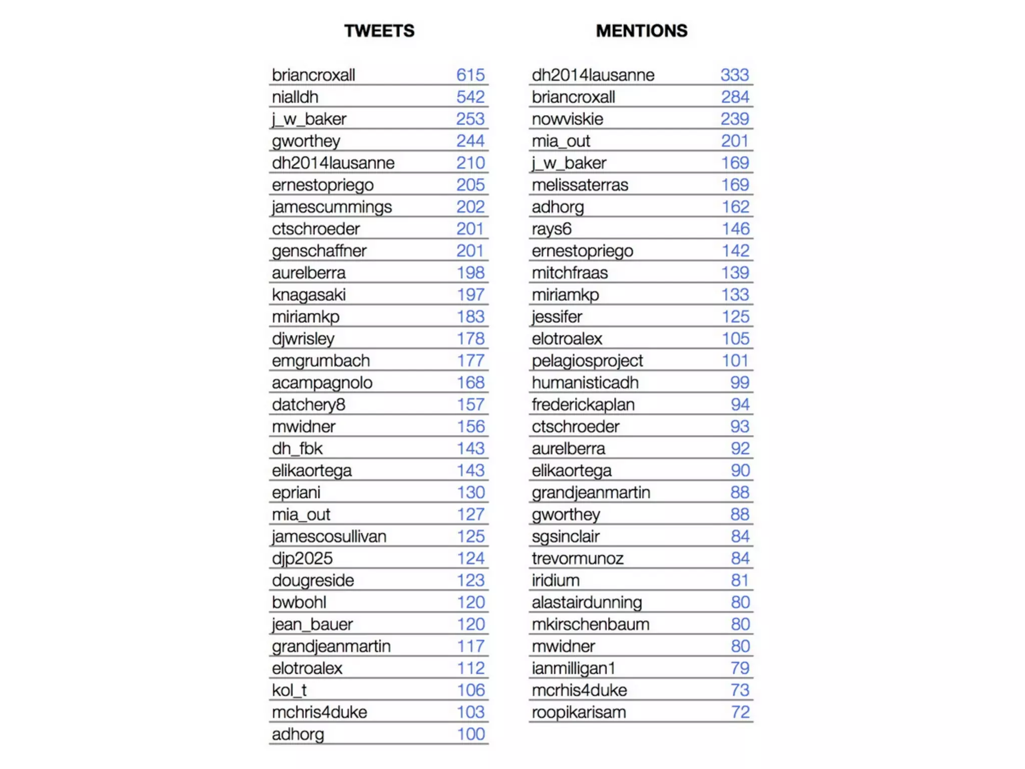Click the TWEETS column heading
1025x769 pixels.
pyautogui.click(x=379, y=31)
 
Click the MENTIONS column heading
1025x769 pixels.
pyautogui.click(x=641, y=31)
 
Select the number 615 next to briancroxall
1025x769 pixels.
pyautogui.click(x=470, y=75)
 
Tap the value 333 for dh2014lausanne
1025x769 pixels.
pyautogui.click(x=734, y=75)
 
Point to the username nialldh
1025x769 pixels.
pyautogui.click(x=295, y=97)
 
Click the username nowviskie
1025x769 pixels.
pyautogui.click(x=567, y=119)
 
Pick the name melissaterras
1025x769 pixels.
pyautogui.click(x=580, y=185)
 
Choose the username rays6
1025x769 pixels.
pyautogui.click(x=551, y=229)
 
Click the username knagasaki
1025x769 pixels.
pyautogui.click(x=308, y=295)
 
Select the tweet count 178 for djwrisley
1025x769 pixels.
pyautogui.click(x=470, y=339)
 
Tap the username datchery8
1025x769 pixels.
pyautogui.click(x=308, y=405)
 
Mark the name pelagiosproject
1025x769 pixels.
pyautogui.click(x=587, y=361)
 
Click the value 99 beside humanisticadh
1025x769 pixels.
pyautogui.click(x=739, y=383)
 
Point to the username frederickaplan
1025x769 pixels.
pyautogui.click(x=583, y=405)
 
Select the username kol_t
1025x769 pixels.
pyautogui.click(x=289, y=690)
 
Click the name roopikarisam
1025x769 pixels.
pyautogui.click(x=579, y=712)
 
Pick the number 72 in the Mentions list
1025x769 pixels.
pyautogui.click(x=740, y=712)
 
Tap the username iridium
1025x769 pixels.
pyautogui.click(x=556, y=581)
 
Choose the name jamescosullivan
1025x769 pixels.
pyautogui.click(x=329, y=537)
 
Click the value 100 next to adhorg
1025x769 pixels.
pyautogui.click(x=470, y=734)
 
